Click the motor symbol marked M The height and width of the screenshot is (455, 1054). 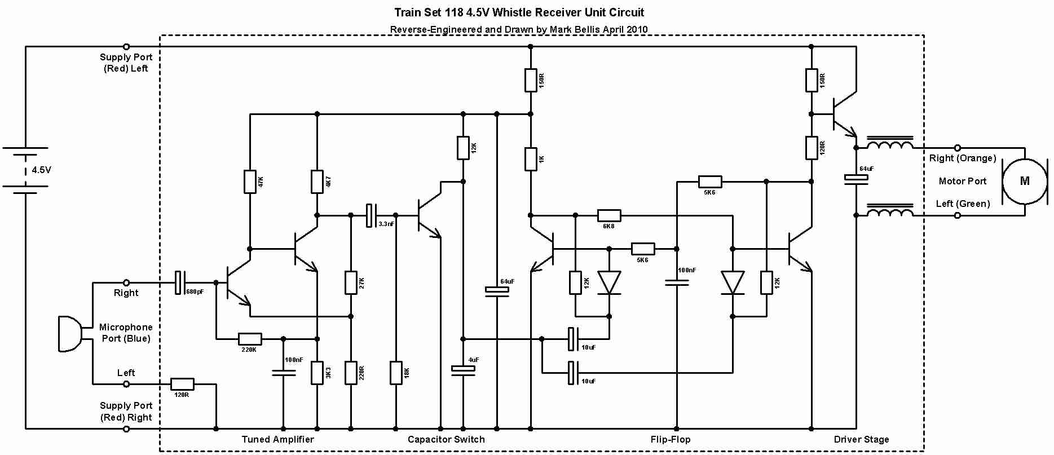[1024, 181]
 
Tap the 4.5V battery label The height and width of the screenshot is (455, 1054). [41, 170]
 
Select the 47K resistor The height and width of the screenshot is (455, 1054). [250, 182]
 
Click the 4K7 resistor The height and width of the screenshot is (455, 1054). [317, 182]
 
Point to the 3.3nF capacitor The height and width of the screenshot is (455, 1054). [371, 215]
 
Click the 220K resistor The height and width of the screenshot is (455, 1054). [250, 339]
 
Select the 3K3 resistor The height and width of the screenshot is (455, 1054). [317, 373]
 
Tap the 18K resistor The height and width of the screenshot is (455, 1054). [396, 373]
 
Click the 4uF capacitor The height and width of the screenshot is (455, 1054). [463, 369]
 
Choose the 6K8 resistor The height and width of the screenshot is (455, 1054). [609, 215]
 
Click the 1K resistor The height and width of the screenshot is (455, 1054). [531, 159]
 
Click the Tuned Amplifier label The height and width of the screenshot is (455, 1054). [277, 439]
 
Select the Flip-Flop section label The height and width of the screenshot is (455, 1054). [670, 439]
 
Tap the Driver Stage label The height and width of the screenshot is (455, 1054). [861, 439]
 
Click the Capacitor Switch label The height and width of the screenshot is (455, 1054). [446, 439]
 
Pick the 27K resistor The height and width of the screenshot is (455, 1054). [351, 282]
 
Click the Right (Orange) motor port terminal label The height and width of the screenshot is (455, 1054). [963, 158]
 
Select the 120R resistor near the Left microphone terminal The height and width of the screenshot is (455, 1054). [182, 385]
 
